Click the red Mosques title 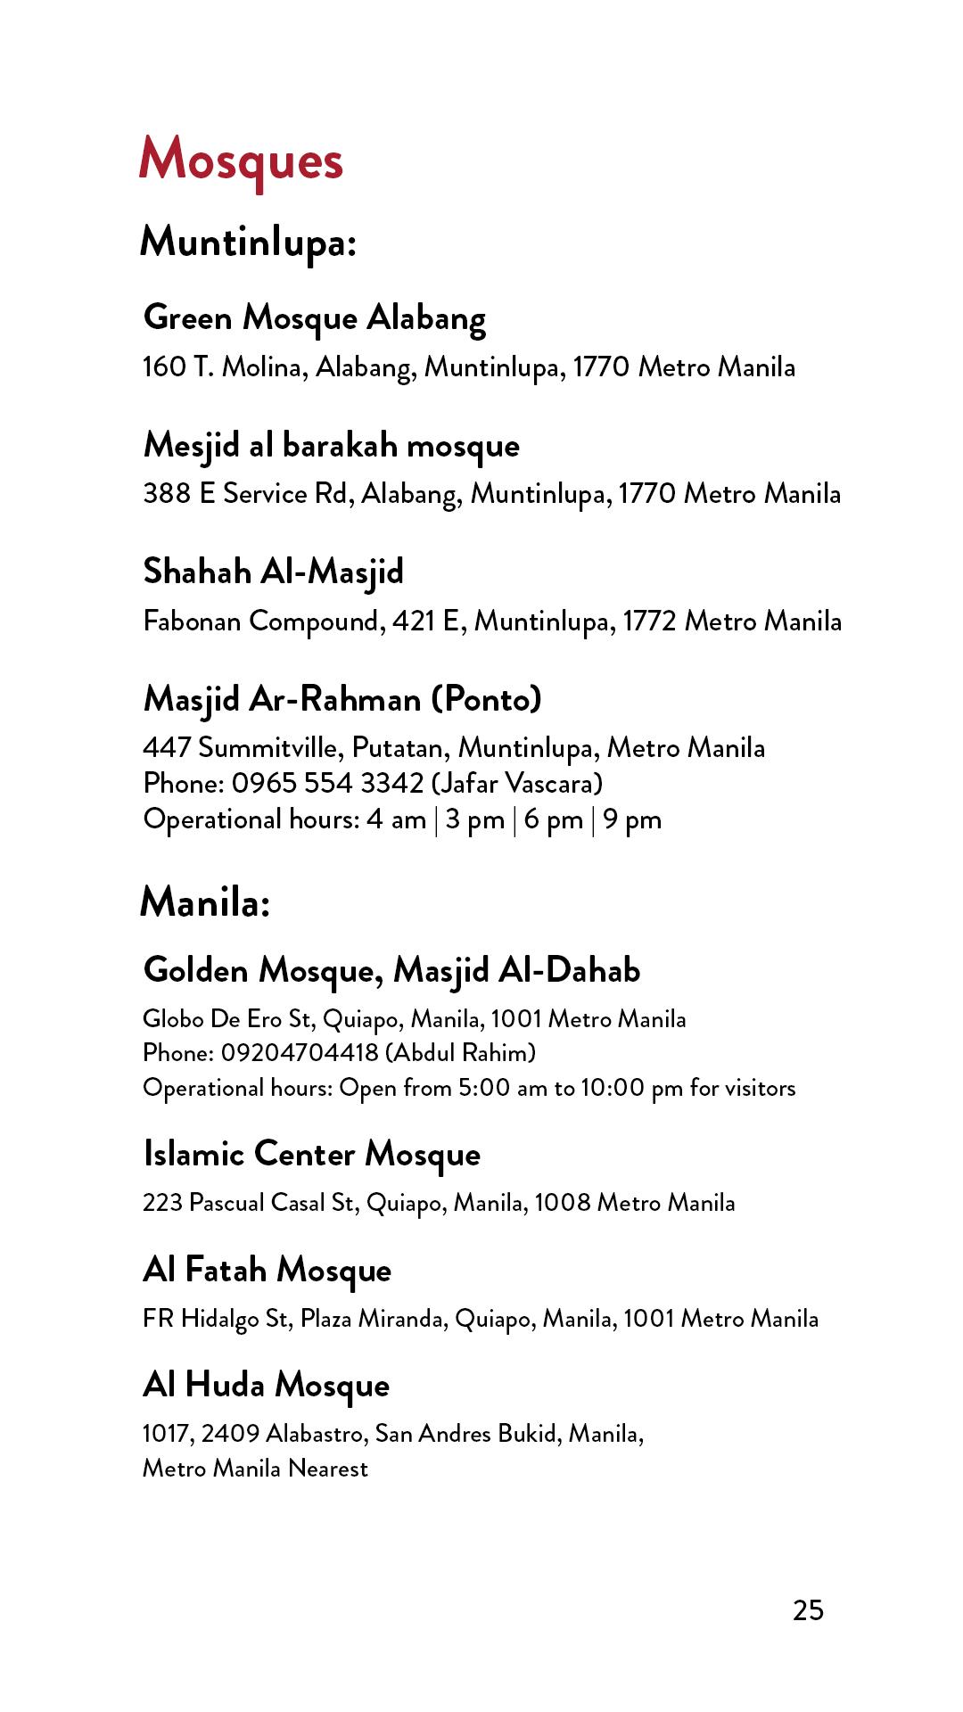click(x=241, y=160)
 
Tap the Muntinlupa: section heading click(x=248, y=242)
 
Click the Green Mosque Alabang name click(x=314, y=318)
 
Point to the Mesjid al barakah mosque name click(x=331, y=445)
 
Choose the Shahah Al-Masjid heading click(x=273, y=572)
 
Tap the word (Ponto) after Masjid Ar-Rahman click(x=487, y=699)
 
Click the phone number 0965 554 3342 click(x=327, y=783)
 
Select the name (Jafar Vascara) click(x=517, y=783)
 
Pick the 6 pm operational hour click(x=553, y=819)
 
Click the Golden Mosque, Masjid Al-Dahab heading click(x=391, y=970)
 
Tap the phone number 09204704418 click(x=300, y=1053)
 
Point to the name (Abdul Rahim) click(x=460, y=1053)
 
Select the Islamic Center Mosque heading click(x=311, y=1155)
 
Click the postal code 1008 click(x=563, y=1203)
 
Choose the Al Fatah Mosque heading click(x=267, y=1270)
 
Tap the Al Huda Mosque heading click(x=266, y=1385)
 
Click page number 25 click(x=808, y=1610)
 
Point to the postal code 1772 click(x=649, y=621)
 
